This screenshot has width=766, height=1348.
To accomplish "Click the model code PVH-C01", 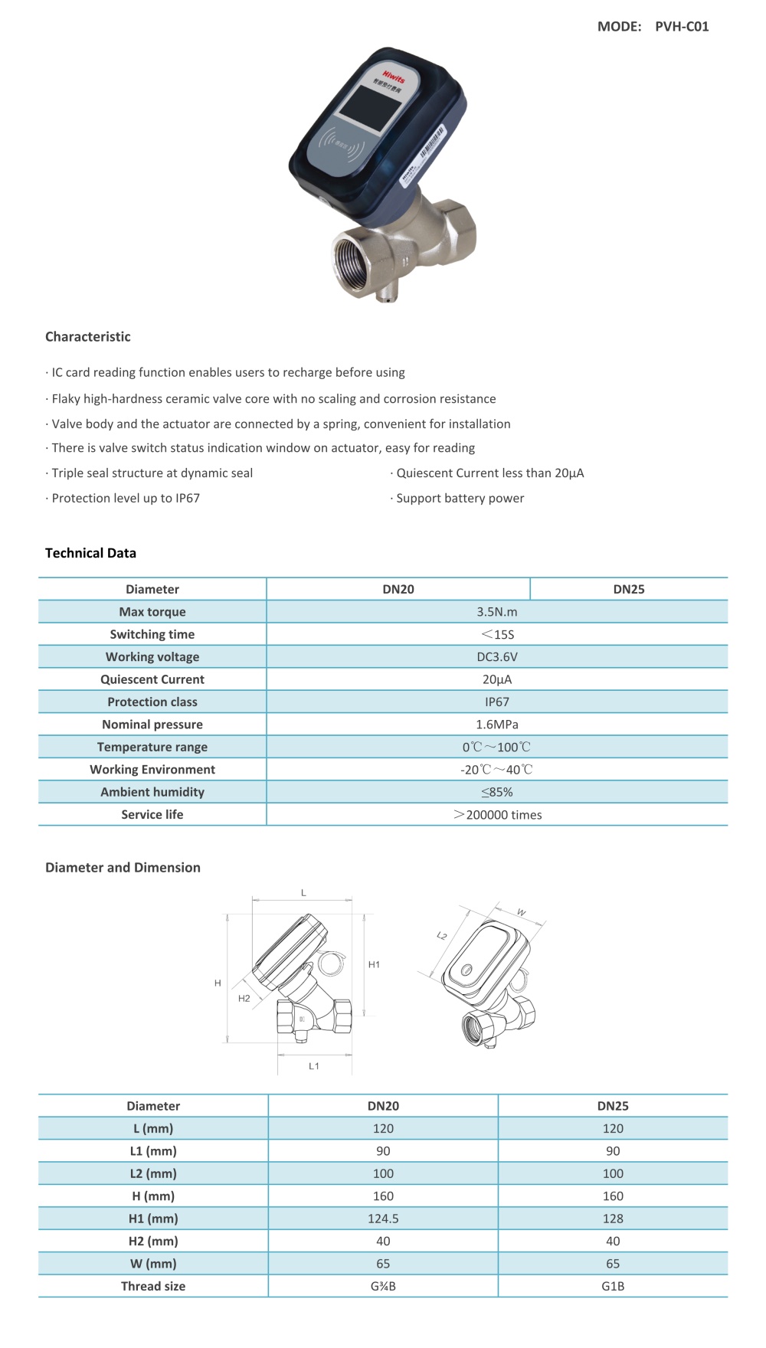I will [x=682, y=27].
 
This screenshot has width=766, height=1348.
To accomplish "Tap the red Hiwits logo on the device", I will [x=394, y=77].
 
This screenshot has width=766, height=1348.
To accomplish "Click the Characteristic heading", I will [x=88, y=337].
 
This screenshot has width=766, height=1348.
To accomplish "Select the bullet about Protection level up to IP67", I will [x=123, y=499].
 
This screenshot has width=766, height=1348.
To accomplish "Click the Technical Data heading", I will [x=90, y=553].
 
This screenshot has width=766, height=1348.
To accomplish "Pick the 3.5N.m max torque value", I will [x=497, y=612].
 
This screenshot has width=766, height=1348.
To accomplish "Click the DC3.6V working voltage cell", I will [x=497, y=657].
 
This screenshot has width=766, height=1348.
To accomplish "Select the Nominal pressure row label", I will [x=152, y=725].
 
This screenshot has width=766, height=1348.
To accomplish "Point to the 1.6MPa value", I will [x=497, y=725].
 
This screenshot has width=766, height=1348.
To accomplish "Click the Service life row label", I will [x=152, y=815].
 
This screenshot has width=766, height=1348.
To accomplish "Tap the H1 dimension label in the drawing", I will [x=374, y=965].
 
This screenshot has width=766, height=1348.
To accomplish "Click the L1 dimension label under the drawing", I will [x=314, y=1066].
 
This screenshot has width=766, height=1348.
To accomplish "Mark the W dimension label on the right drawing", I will [x=522, y=912].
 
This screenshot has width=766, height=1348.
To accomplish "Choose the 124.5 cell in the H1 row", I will [x=383, y=1219].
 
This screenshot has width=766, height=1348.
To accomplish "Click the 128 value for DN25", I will [x=613, y=1219].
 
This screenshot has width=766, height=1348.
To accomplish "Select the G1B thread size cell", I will [x=613, y=1287].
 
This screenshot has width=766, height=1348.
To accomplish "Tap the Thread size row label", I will [x=153, y=1287].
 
